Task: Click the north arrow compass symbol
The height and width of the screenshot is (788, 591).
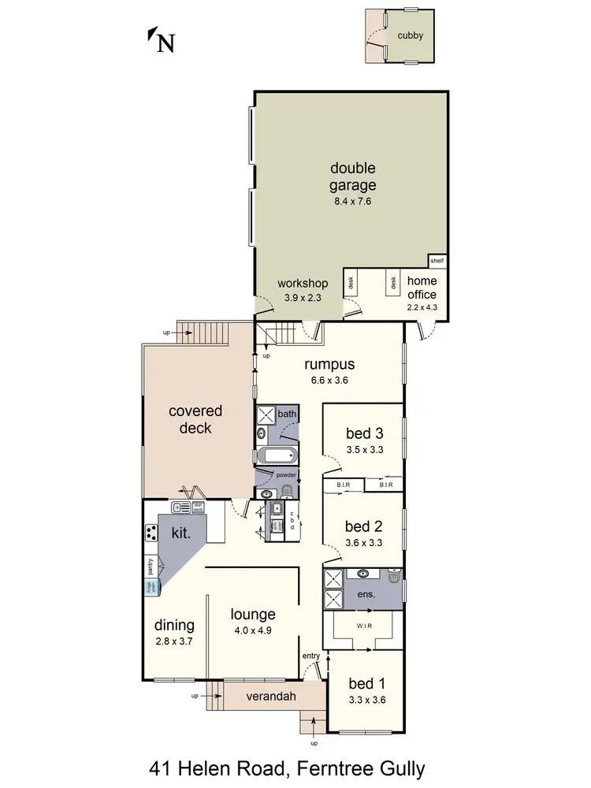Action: point(162,39)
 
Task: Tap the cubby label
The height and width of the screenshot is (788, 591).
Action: point(410,35)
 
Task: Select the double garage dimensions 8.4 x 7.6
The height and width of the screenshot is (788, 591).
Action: point(353,202)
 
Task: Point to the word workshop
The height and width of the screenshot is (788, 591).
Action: point(303,284)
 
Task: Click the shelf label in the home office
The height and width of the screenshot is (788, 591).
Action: point(437,261)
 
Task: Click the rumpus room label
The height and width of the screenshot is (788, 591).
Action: point(330,365)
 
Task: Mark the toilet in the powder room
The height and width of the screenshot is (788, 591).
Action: point(287,492)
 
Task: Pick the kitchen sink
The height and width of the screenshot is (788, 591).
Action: point(181,508)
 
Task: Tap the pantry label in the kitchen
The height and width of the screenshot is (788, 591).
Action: point(150,566)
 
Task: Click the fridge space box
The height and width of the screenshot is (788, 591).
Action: point(150,586)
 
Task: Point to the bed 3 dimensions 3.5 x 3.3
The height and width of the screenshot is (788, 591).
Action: point(365,451)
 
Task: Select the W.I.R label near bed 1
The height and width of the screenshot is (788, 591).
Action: point(365,626)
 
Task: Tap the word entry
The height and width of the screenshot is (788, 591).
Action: point(311,656)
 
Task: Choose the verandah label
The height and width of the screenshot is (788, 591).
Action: point(265,697)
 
